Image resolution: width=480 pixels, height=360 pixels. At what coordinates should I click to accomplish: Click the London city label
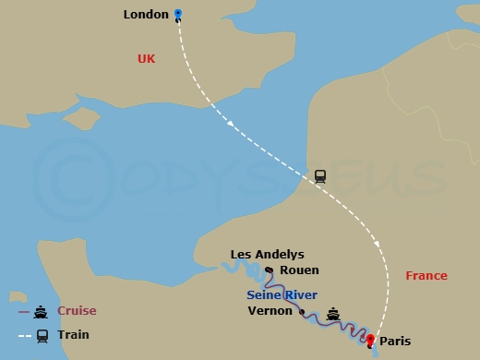pyautogui.click(x=146, y=14)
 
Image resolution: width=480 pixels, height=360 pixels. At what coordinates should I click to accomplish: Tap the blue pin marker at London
pyautogui.click(x=178, y=15)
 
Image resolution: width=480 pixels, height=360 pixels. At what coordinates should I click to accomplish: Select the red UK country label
pyautogui.click(x=146, y=58)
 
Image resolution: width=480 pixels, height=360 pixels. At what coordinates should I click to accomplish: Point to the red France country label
pyautogui.click(x=426, y=275)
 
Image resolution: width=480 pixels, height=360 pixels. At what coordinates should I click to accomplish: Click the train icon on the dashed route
pyautogui.click(x=320, y=175)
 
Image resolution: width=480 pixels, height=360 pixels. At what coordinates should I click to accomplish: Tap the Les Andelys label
pyautogui.click(x=267, y=255)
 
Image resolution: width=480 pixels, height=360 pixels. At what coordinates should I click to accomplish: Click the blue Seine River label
pyautogui.click(x=282, y=294)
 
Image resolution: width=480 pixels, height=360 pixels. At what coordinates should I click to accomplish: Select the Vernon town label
pyautogui.click(x=270, y=311)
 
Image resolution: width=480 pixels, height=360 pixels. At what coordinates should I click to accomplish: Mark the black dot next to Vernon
pyautogui.click(x=302, y=312)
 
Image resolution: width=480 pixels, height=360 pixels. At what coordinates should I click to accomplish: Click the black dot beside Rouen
pyautogui.click(x=269, y=270)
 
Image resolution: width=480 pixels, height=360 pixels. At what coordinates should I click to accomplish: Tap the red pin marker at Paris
pyautogui.click(x=370, y=341)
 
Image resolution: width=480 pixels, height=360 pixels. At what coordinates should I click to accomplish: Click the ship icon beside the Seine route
pyautogui.click(x=333, y=312)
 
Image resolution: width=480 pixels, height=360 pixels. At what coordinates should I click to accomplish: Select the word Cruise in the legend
pyautogui.click(x=77, y=311)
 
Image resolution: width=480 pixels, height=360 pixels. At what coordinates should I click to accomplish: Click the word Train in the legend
pyautogui.click(x=73, y=336)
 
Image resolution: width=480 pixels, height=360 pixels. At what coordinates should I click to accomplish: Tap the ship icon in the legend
pyautogui.click(x=42, y=311)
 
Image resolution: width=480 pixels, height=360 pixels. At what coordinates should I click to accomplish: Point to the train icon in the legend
pyautogui.click(x=42, y=336)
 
